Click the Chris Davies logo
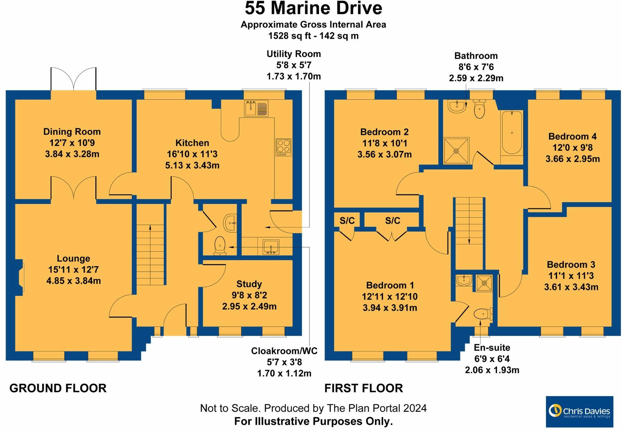579,411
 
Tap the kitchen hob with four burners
283,147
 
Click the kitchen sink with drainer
256,108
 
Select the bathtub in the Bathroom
512,133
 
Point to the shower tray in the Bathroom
456,151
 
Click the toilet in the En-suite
482,314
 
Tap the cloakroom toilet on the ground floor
220,245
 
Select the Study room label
249,284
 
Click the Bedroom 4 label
572,136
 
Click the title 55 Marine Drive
313,8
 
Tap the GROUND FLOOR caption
58,388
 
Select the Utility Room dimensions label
293,65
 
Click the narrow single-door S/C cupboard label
347,221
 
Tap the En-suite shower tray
484,283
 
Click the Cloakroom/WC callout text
284,351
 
